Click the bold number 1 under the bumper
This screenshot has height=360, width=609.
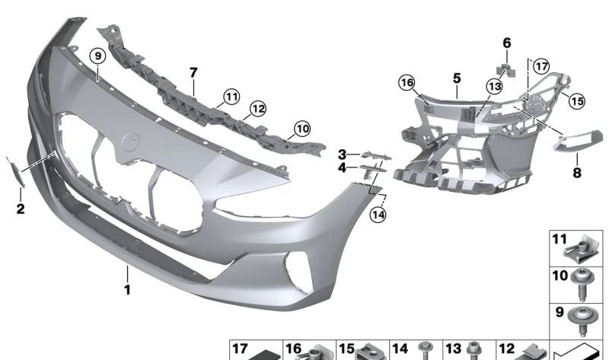(x=127, y=289)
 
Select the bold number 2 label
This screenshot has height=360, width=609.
(x=21, y=209)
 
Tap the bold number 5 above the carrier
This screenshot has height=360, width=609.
(x=457, y=78)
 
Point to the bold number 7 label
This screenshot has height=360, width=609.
(x=193, y=72)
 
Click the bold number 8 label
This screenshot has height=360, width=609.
(x=577, y=172)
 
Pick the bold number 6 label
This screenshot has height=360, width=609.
(x=507, y=43)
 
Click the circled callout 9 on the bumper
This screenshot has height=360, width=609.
(x=98, y=56)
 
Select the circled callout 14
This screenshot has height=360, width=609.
(x=378, y=214)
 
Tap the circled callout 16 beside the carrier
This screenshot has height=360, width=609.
(x=407, y=82)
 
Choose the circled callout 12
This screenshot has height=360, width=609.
(x=258, y=109)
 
